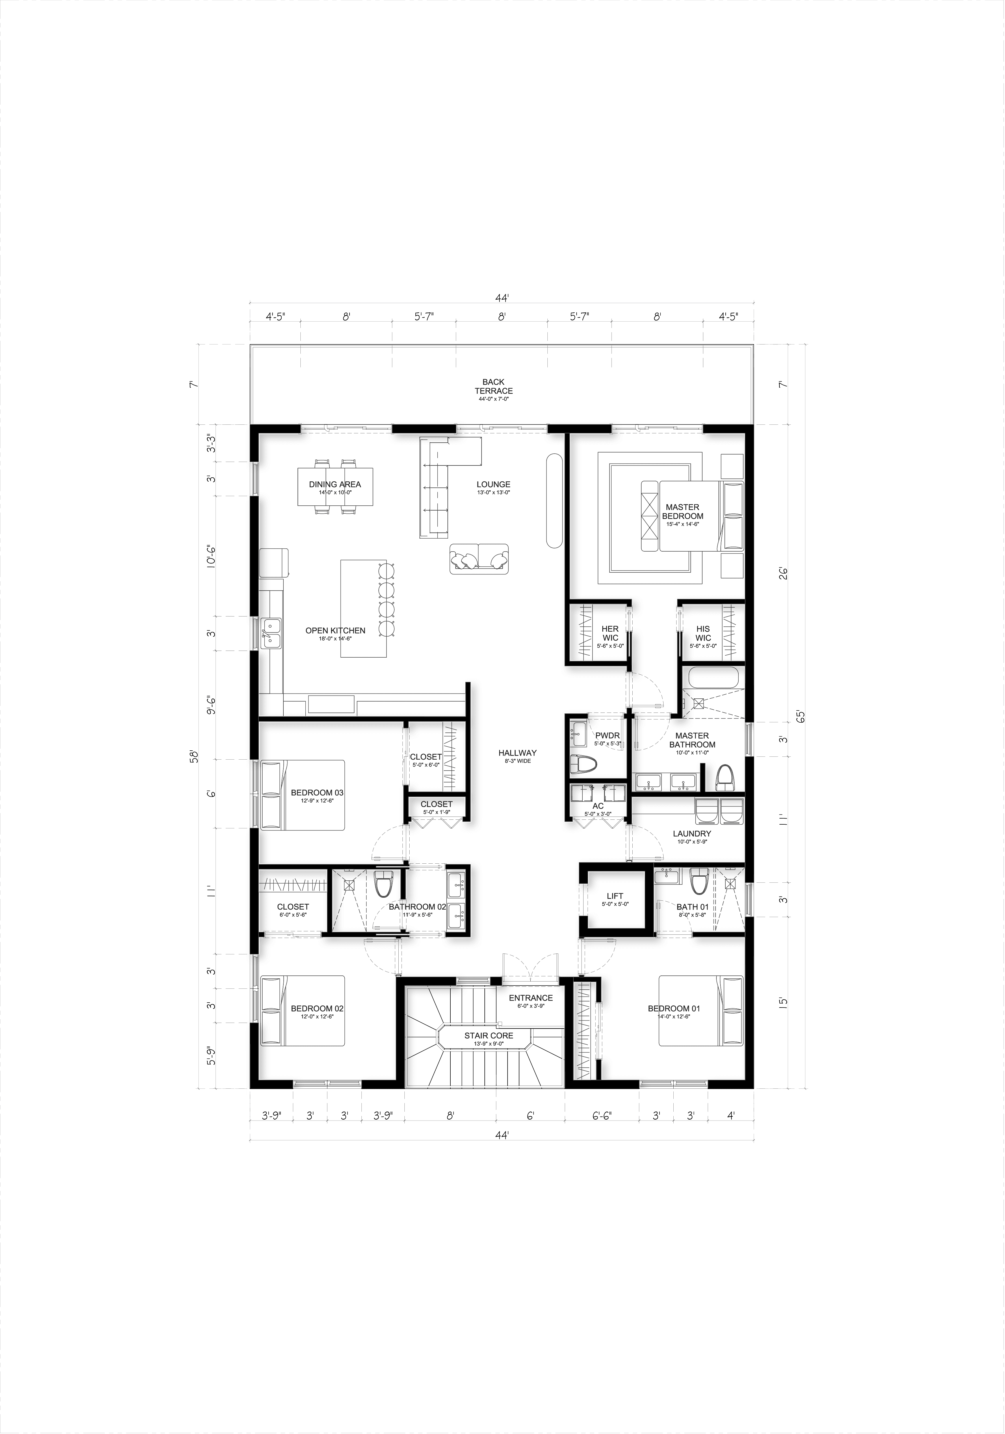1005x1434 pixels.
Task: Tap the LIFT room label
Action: [615, 896]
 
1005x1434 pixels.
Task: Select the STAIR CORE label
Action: [488, 1036]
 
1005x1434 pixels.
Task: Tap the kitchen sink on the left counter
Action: [271, 633]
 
